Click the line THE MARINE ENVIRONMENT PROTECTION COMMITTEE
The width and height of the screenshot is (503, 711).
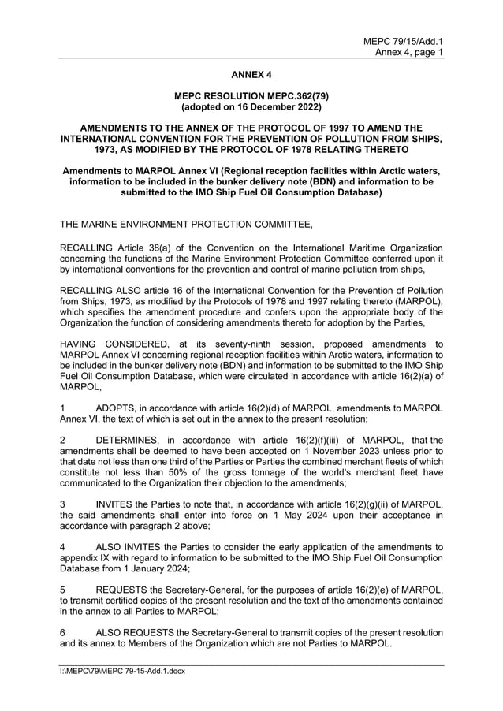click(186, 225)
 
